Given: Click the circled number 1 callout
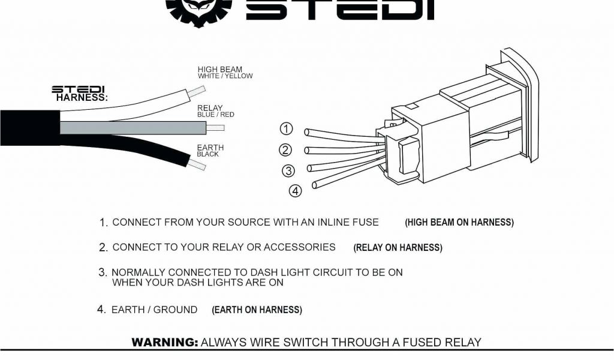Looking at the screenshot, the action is [x=287, y=128].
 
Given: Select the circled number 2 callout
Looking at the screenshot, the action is [x=285, y=150].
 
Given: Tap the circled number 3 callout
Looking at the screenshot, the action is [x=288, y=171].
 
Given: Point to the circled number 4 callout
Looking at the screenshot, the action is [x=296, y=191].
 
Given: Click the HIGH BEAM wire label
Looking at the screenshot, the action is [x=220, y=70].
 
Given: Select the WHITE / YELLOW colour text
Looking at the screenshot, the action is [x=225, y=76].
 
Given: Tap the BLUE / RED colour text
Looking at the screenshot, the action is [x=216, y=115].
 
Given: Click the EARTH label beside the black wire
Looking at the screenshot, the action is [x=210, y=148].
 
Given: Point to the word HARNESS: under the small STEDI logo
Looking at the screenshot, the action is [x=82, y=98].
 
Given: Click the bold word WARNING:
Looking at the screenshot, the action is [x=165, y=343].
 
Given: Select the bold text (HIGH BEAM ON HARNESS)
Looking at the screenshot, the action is [x=459, y=223].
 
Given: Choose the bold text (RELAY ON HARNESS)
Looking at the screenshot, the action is [x=398, y=248].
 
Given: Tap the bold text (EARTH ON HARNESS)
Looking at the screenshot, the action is [x=257, y=310].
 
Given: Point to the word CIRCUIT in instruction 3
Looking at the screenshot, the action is [x=324, y=272].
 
